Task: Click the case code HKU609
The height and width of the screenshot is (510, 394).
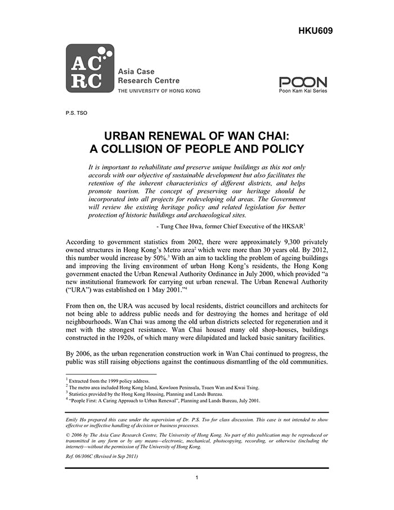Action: (x=315, y=30)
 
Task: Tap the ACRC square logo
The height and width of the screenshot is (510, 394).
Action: (x=90, y=68)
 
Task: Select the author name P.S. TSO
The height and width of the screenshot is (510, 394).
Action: (x=77, y=113)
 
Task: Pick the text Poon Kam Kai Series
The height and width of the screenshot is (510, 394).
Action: (x=303, y=90)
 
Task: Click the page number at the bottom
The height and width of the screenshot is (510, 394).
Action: (x=197, y=478)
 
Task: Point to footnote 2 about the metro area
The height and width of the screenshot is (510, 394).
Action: (x=163, y=388)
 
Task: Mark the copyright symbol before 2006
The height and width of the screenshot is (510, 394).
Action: (x=68, y=435)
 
